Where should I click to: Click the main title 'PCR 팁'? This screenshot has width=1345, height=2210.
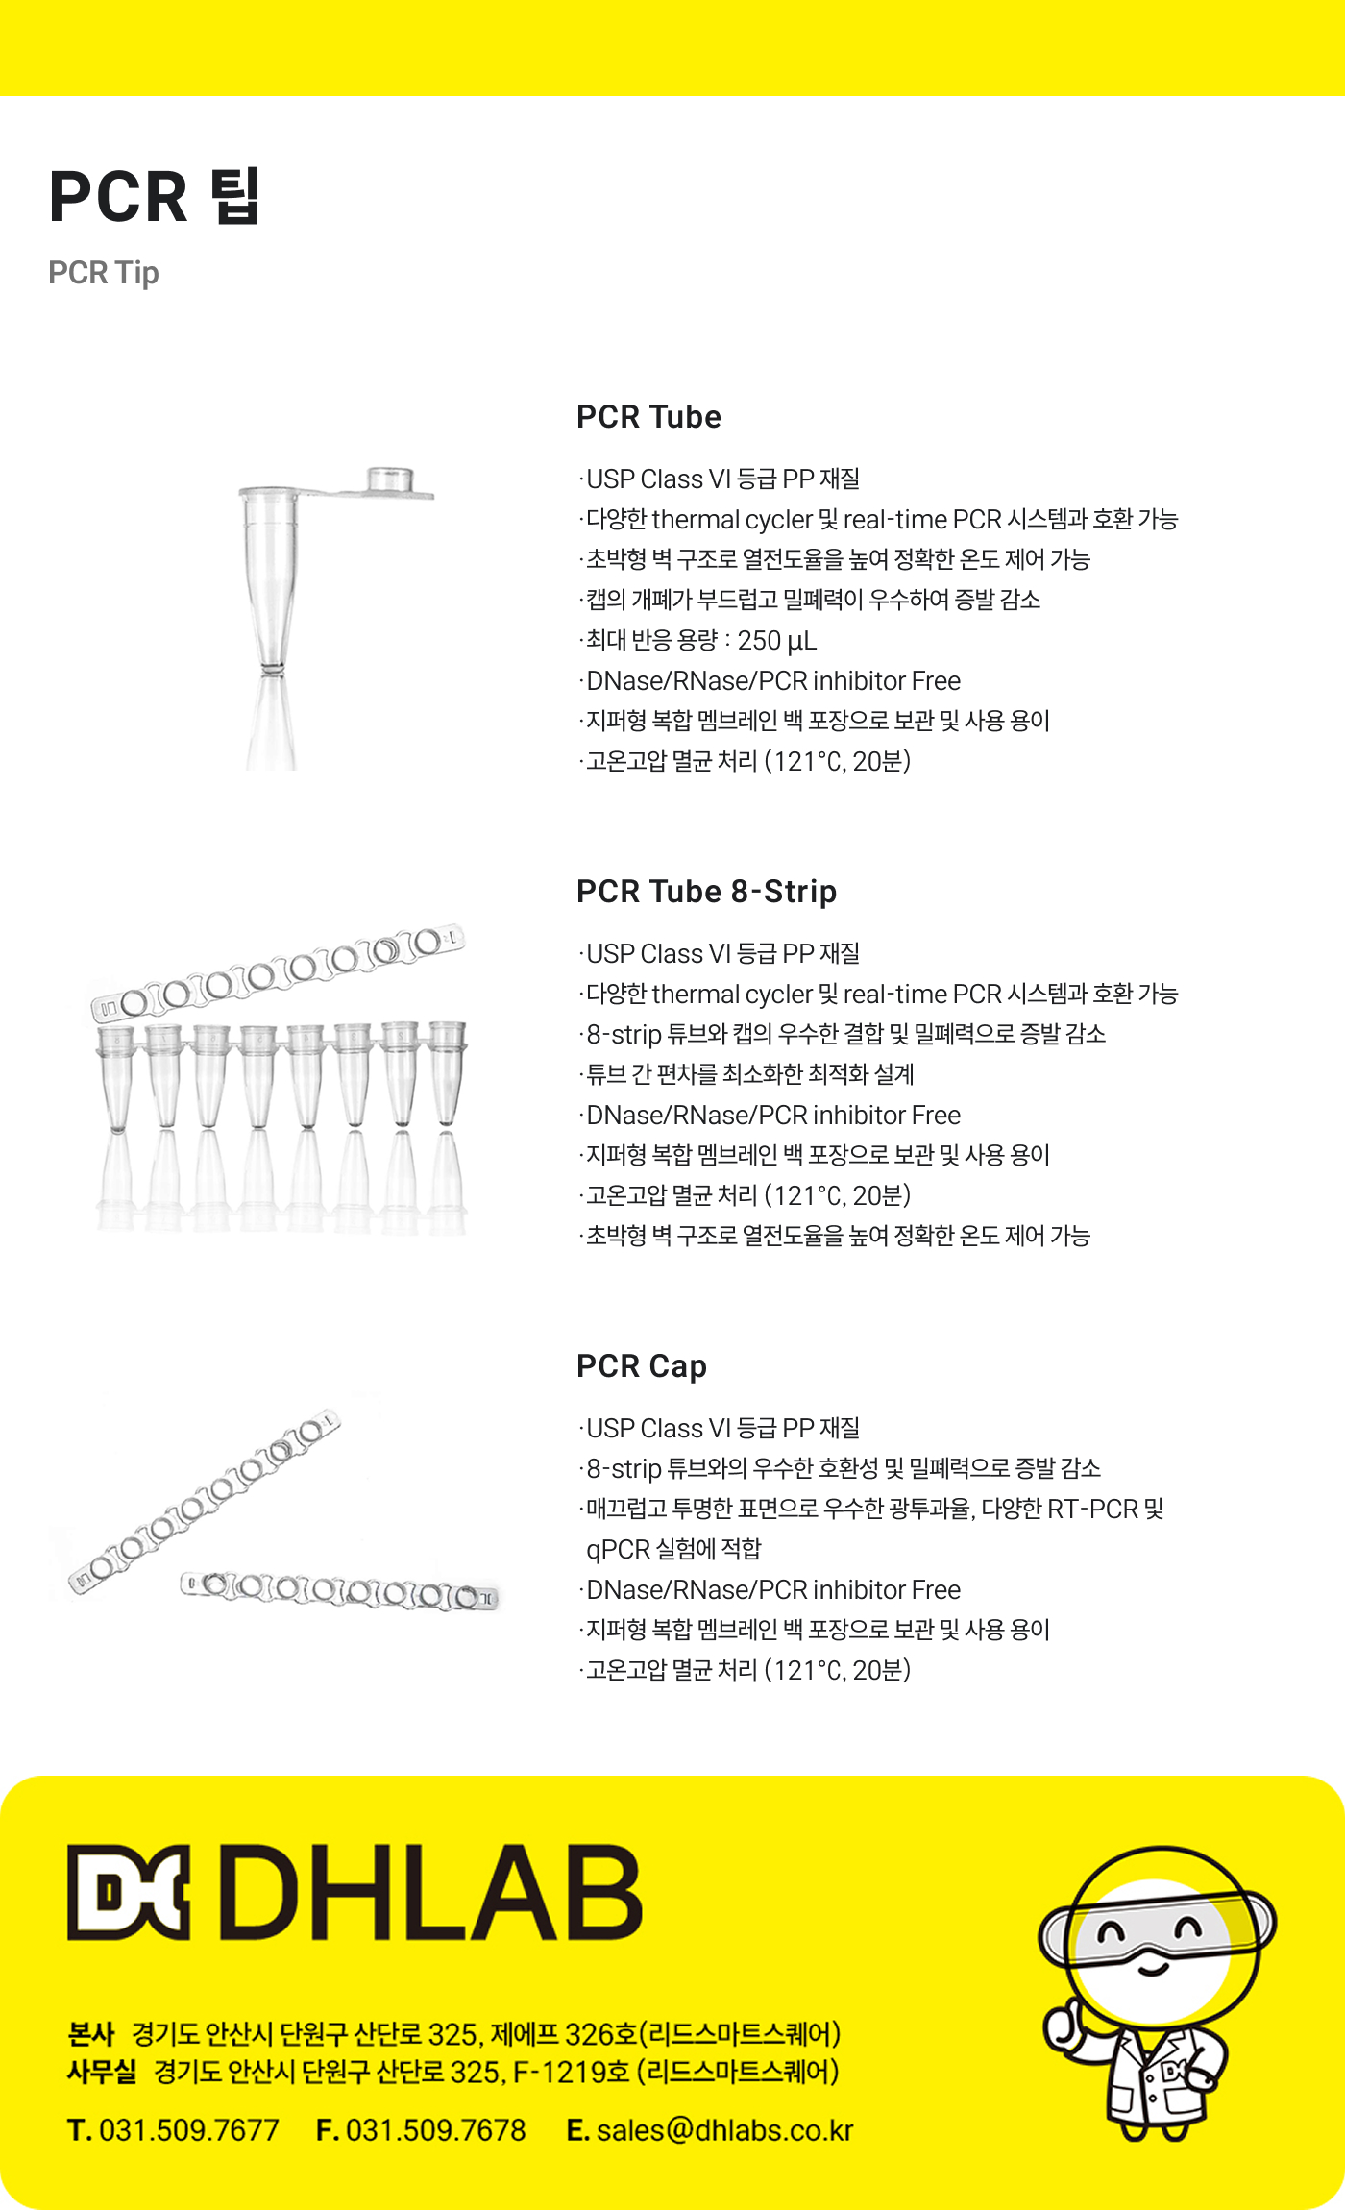point(155,197)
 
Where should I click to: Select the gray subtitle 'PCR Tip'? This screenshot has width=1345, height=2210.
point(104,273)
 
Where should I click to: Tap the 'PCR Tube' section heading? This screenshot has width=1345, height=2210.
point(648,417)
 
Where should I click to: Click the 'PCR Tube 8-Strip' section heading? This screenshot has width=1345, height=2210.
point(706,892)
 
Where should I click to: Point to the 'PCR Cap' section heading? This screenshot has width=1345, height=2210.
point(642,1366)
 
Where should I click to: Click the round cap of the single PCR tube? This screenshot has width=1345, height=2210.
point(390,479)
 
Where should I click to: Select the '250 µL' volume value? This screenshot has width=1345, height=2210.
point(777,641)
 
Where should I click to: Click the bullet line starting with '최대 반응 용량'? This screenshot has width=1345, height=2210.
point(698,641)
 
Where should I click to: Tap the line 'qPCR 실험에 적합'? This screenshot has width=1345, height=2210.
point(673,1549)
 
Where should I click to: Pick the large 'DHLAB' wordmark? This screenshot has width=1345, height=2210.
point(430,1891)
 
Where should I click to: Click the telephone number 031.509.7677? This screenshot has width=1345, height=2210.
point(189,2130)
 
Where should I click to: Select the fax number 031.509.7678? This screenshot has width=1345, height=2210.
point(436,2130)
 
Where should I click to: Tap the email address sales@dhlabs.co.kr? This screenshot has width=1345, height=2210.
point(725,2130)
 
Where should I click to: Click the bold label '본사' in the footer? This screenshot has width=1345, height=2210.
point(91,2034)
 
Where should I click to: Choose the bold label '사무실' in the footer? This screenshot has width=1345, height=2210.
point(102,2071)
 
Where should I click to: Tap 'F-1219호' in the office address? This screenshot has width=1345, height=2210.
point(572,2072)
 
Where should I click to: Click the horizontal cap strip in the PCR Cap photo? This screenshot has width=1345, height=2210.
point(340,1590)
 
